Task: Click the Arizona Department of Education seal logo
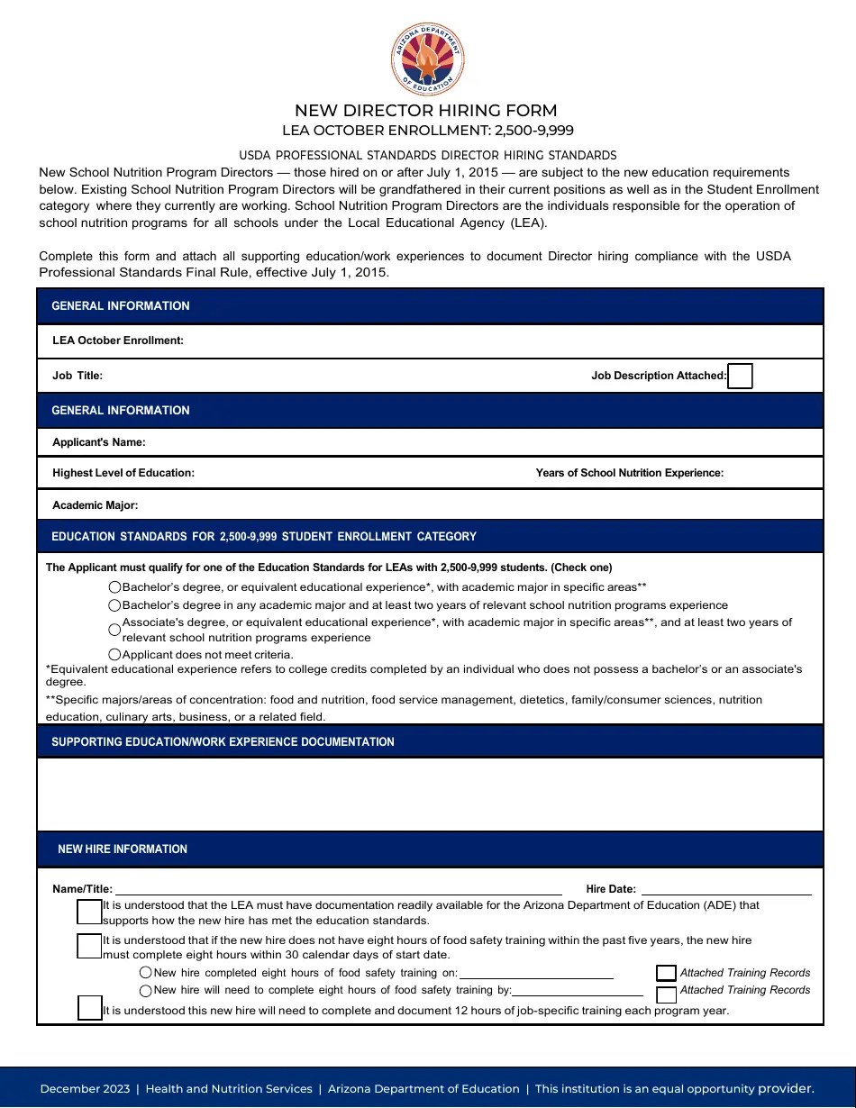point(428,59)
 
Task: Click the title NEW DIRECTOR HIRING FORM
point(426,111)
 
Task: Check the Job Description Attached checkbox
point(740,376)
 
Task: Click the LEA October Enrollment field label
point(118,341)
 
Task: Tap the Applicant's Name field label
point(99,442)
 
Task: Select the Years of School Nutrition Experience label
point(629,473)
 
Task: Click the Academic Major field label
point(96,505)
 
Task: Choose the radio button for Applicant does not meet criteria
point(114,655)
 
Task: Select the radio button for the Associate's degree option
point(114,630)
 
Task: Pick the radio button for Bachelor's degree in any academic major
point(114,605)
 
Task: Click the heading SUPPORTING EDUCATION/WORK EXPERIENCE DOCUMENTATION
point(223,742)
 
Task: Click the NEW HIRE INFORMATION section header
point(123,849)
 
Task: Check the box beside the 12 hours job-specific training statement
point(90,1008)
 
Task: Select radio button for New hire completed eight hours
point(146,973)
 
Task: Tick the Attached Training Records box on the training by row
point(666,994)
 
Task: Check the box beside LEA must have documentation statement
point(90,912)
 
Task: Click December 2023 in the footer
point(85,1089)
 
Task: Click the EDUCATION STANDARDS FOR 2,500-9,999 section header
point(264,537)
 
